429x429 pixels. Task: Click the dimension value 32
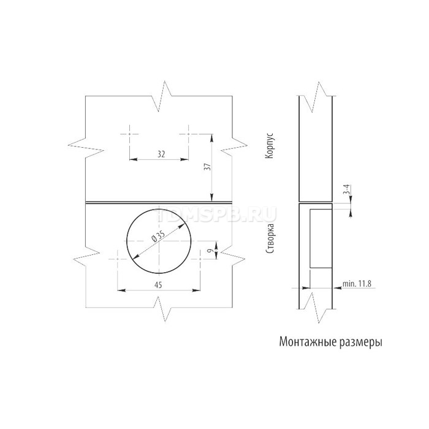[x=161, y=154]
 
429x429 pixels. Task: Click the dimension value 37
[x=208, y=167]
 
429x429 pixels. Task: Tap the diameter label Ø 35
[x=157, y=236]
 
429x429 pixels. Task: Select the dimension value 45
[x=158, y=285]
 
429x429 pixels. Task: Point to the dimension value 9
[x=210, y=250]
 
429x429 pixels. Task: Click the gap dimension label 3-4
[x=346, y=189]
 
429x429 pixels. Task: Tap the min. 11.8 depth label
[x=357, y=283]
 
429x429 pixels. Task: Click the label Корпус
[x=270, y=146]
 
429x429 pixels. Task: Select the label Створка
[x=270, y=238]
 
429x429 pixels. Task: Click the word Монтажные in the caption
[x=306, y=342]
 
